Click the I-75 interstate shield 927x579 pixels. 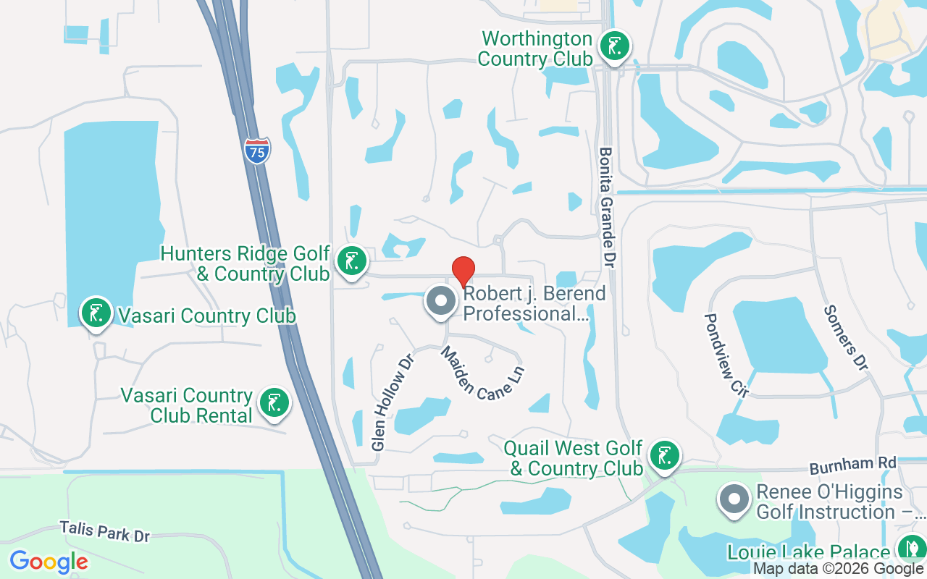[257, 151]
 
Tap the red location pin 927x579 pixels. [463, 272]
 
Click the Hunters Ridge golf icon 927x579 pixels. [351, 262]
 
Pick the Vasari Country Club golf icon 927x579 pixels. [96, 313]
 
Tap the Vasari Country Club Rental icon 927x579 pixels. [274, 404]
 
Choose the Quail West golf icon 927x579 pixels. [663, 456]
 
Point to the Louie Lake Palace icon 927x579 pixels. [910, 549]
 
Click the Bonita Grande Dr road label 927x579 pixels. [607, 198]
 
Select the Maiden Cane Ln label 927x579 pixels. [482, 373]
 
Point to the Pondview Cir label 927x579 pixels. [726, 355]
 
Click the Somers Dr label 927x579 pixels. [845, 338]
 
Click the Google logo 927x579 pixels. [49, 562]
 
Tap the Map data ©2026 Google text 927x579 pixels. [838, 569]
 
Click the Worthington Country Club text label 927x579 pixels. [536, 48]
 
